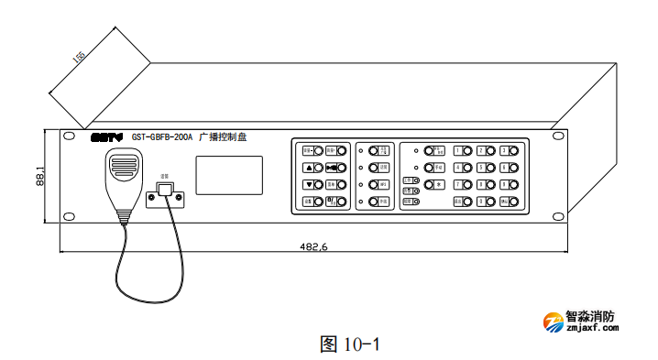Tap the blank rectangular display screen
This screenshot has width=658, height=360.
click(228, 175)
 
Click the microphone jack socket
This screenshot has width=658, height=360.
click(165, 191)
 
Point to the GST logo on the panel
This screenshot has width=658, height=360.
click(106, 137)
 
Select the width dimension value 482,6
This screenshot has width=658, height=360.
click(314, 246)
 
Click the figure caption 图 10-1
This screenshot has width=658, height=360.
click(348, 344)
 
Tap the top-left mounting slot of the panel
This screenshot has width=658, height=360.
click(68, 137)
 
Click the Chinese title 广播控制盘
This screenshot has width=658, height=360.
click(223, 137)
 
